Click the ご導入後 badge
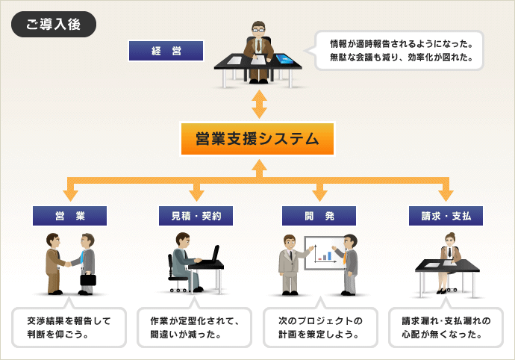coord(54,24)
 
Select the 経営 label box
coord(166,51)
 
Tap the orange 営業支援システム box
coord(257,139)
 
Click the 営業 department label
coord(69,216)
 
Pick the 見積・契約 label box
coord(196,216)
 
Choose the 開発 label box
coord(319,216)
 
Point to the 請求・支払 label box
coord(446,216)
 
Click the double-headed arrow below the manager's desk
coord(260,104)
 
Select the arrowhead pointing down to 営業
coord(70,195)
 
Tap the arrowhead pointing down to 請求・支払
coord(446,195)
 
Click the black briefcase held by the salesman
coord(88,279)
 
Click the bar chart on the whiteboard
coord(325,255)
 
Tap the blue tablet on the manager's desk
coord(284,59)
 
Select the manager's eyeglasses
coord(258,30)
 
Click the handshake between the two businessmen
coord(68,264)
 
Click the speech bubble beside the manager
coord(396,50)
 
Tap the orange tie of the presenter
coord(345,258)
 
